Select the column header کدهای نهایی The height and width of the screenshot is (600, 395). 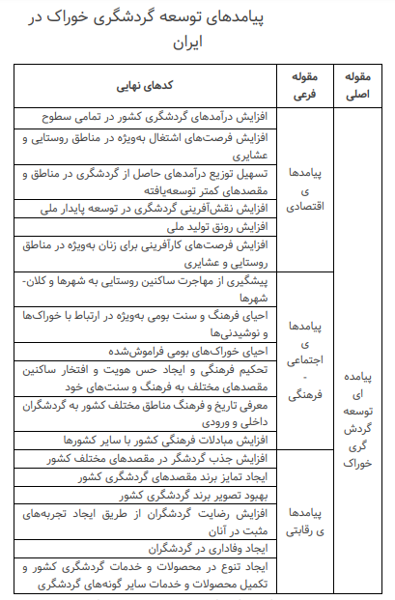click(144, 85)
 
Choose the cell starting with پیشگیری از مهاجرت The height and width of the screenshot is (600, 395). click(144, 289)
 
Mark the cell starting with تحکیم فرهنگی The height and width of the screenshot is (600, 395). click(144, 377)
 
